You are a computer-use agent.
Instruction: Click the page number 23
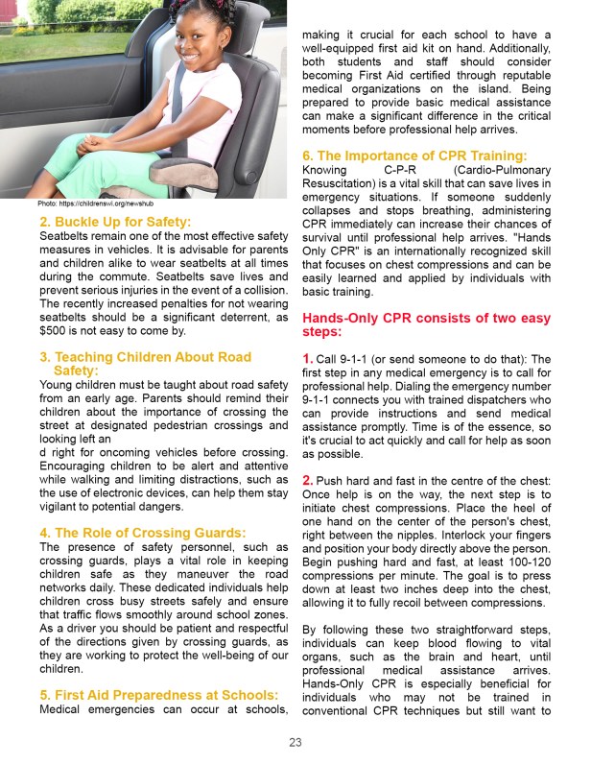(x=295, y=741)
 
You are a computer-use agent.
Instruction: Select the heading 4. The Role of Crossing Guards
(x=142, y=533)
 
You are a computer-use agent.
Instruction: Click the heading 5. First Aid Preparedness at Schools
(x=158, y=694)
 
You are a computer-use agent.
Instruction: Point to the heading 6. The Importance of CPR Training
(x=414, y=155)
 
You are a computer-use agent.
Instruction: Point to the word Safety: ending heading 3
(x=81, y=371)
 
